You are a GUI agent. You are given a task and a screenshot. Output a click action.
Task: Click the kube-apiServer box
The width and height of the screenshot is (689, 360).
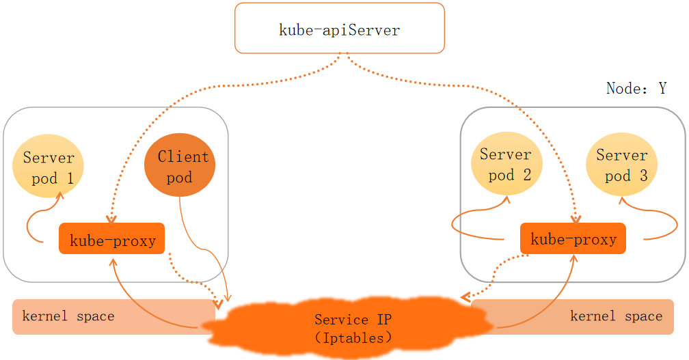(x=340, y=28)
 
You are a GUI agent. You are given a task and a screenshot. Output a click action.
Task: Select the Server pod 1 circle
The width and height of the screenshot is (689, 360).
(x=49, y=169)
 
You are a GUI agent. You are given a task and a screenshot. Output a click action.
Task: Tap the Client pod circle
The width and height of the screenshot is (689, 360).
(x=180, y=167)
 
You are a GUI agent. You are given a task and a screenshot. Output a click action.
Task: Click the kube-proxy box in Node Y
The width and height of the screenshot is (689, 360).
(x=573, y=238)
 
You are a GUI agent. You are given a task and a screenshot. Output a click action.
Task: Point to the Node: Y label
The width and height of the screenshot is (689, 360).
(x=636, y=89)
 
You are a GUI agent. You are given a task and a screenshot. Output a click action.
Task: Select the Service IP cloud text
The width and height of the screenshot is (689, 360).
(x=353, y=320)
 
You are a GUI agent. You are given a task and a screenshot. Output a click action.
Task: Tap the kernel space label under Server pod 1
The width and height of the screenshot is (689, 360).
(x=68, y=316)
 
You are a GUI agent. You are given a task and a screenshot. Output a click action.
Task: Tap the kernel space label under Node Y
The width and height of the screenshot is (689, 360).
(x=616, y=316)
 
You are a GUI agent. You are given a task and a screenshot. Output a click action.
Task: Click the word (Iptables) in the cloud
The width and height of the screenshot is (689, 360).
(x=353, y=337)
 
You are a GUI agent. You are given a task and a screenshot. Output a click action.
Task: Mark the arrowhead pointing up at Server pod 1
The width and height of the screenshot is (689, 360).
(x=59, y=196)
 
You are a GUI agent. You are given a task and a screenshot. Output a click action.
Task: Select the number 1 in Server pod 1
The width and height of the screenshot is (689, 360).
(x=70, y=180)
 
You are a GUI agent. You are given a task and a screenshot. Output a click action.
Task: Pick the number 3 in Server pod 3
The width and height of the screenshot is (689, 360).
(x=643, y=176)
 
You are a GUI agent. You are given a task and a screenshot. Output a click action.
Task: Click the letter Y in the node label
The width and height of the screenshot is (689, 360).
(x=662, y=89)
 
